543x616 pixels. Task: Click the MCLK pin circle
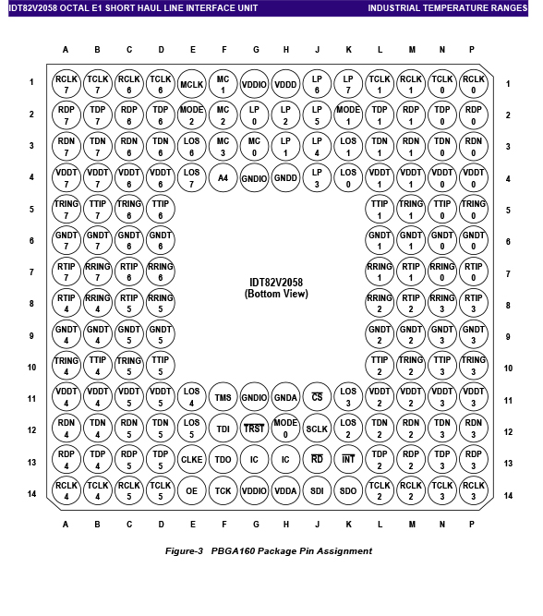click(x=192, y=84)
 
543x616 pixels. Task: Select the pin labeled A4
click(x=223, y=178)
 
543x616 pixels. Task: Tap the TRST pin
click(x=254, y=429)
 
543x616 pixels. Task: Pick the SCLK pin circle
click(x=317, y=429)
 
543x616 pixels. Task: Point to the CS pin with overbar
click(x=317, y=397)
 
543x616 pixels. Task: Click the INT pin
click(x=348, y=459)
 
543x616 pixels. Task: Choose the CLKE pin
click(x=192, y=459)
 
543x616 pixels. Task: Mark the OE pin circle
click(x=192, y=490)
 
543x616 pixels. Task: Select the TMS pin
click(x=223, y=397)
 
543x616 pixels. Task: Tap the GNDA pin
click(x=285, y=397)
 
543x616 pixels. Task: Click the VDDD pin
click(x=285, y=84)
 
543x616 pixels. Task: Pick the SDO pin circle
click(x=348, y=490)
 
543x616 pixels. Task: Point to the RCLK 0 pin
click(x=474, y=84)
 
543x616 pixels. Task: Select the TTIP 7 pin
click(x=98, y=209)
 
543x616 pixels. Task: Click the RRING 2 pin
click(x=380, y=303)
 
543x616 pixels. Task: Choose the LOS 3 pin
click(x=348, y=397)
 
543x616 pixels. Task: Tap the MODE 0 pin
click(x=285, y=429)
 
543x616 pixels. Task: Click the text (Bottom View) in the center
click(x=276, y=294)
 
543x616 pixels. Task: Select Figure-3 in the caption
click(x=184, y=550)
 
